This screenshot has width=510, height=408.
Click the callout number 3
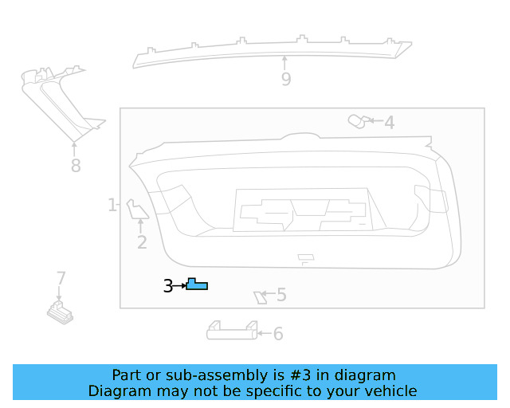click(x=168, y=285)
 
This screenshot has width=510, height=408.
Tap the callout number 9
click(x=285, y=79)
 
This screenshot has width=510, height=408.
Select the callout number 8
click(x=76, y=166)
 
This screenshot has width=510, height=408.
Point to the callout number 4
click(x=389, y=123)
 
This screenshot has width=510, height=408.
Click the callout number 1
click(x=112, y=205)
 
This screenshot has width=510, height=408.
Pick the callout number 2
click(x=142, y=242)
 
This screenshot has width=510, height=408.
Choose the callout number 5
click(x=281, y=296)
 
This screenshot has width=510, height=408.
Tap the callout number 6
click(x=278, y=334)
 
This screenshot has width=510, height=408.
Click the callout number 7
click(x=61, y=278)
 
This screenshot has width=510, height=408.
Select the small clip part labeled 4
click(x=357, y=121)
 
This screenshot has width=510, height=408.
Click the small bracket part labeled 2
click(x=137, y=209)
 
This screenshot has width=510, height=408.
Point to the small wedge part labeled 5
click(x=260, y=298)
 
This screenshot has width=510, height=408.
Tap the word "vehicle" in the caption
click(x=390, y=391)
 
